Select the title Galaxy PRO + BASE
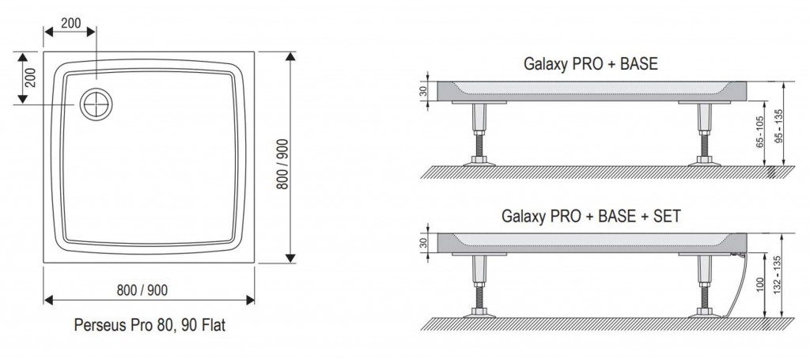[x=590, y=63]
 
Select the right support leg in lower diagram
[x=703, y=284]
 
